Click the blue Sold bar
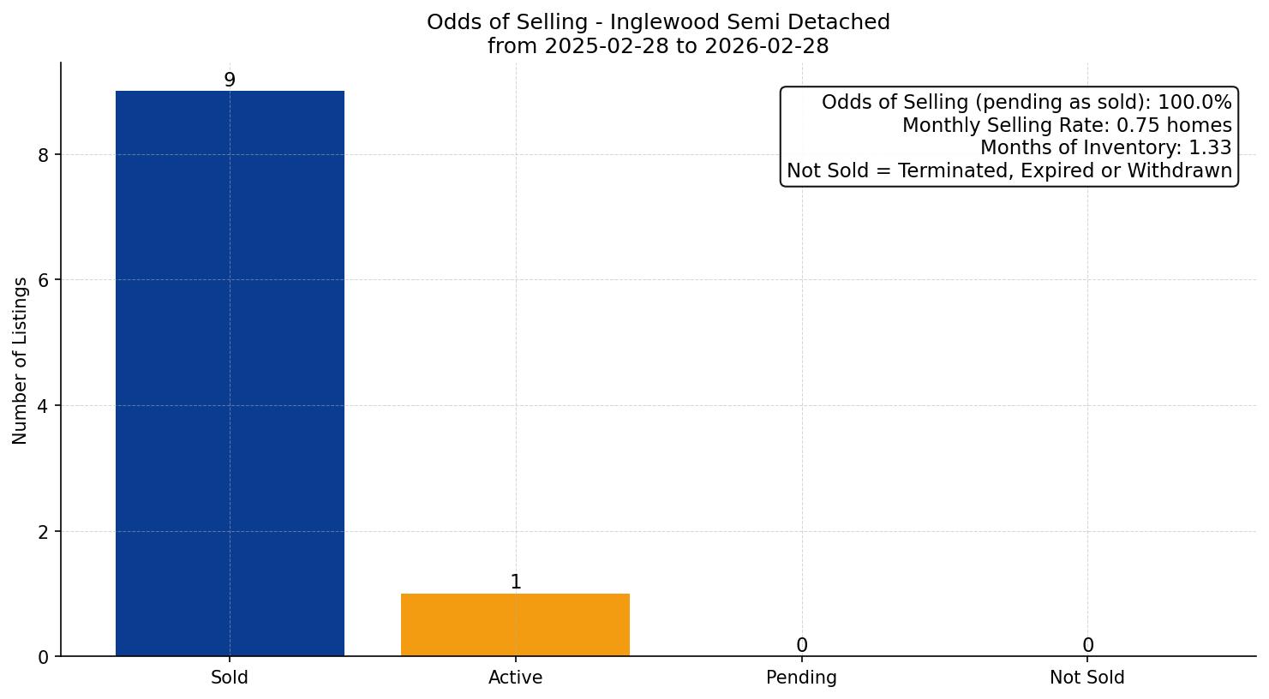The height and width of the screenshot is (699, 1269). [230, 373]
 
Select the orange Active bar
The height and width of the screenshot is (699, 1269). [515, 624]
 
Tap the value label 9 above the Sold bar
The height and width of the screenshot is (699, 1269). [230, 81]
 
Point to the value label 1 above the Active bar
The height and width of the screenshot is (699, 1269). [516, 582]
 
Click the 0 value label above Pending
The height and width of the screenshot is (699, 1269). [801, 646]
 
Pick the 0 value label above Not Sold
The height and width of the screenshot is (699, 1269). [1087, 646]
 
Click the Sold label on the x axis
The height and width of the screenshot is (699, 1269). [230, 678]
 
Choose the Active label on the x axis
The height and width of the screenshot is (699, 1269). [515, 678]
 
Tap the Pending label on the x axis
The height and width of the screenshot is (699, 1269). [801, 678]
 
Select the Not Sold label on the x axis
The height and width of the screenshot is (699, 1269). [1086, 678]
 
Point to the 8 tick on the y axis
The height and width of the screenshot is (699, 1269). [44, 155]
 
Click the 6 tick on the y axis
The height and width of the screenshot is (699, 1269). [44, 280]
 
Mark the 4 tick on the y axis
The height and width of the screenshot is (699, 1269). [44, 406]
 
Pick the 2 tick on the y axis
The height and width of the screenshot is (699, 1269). [44, 532]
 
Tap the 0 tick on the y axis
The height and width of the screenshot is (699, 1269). [44, 657]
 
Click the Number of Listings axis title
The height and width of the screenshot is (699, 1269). [21, 360]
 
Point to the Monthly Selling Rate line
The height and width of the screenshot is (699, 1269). [1067, 126]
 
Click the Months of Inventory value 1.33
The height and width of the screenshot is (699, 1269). [1210, 148]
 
